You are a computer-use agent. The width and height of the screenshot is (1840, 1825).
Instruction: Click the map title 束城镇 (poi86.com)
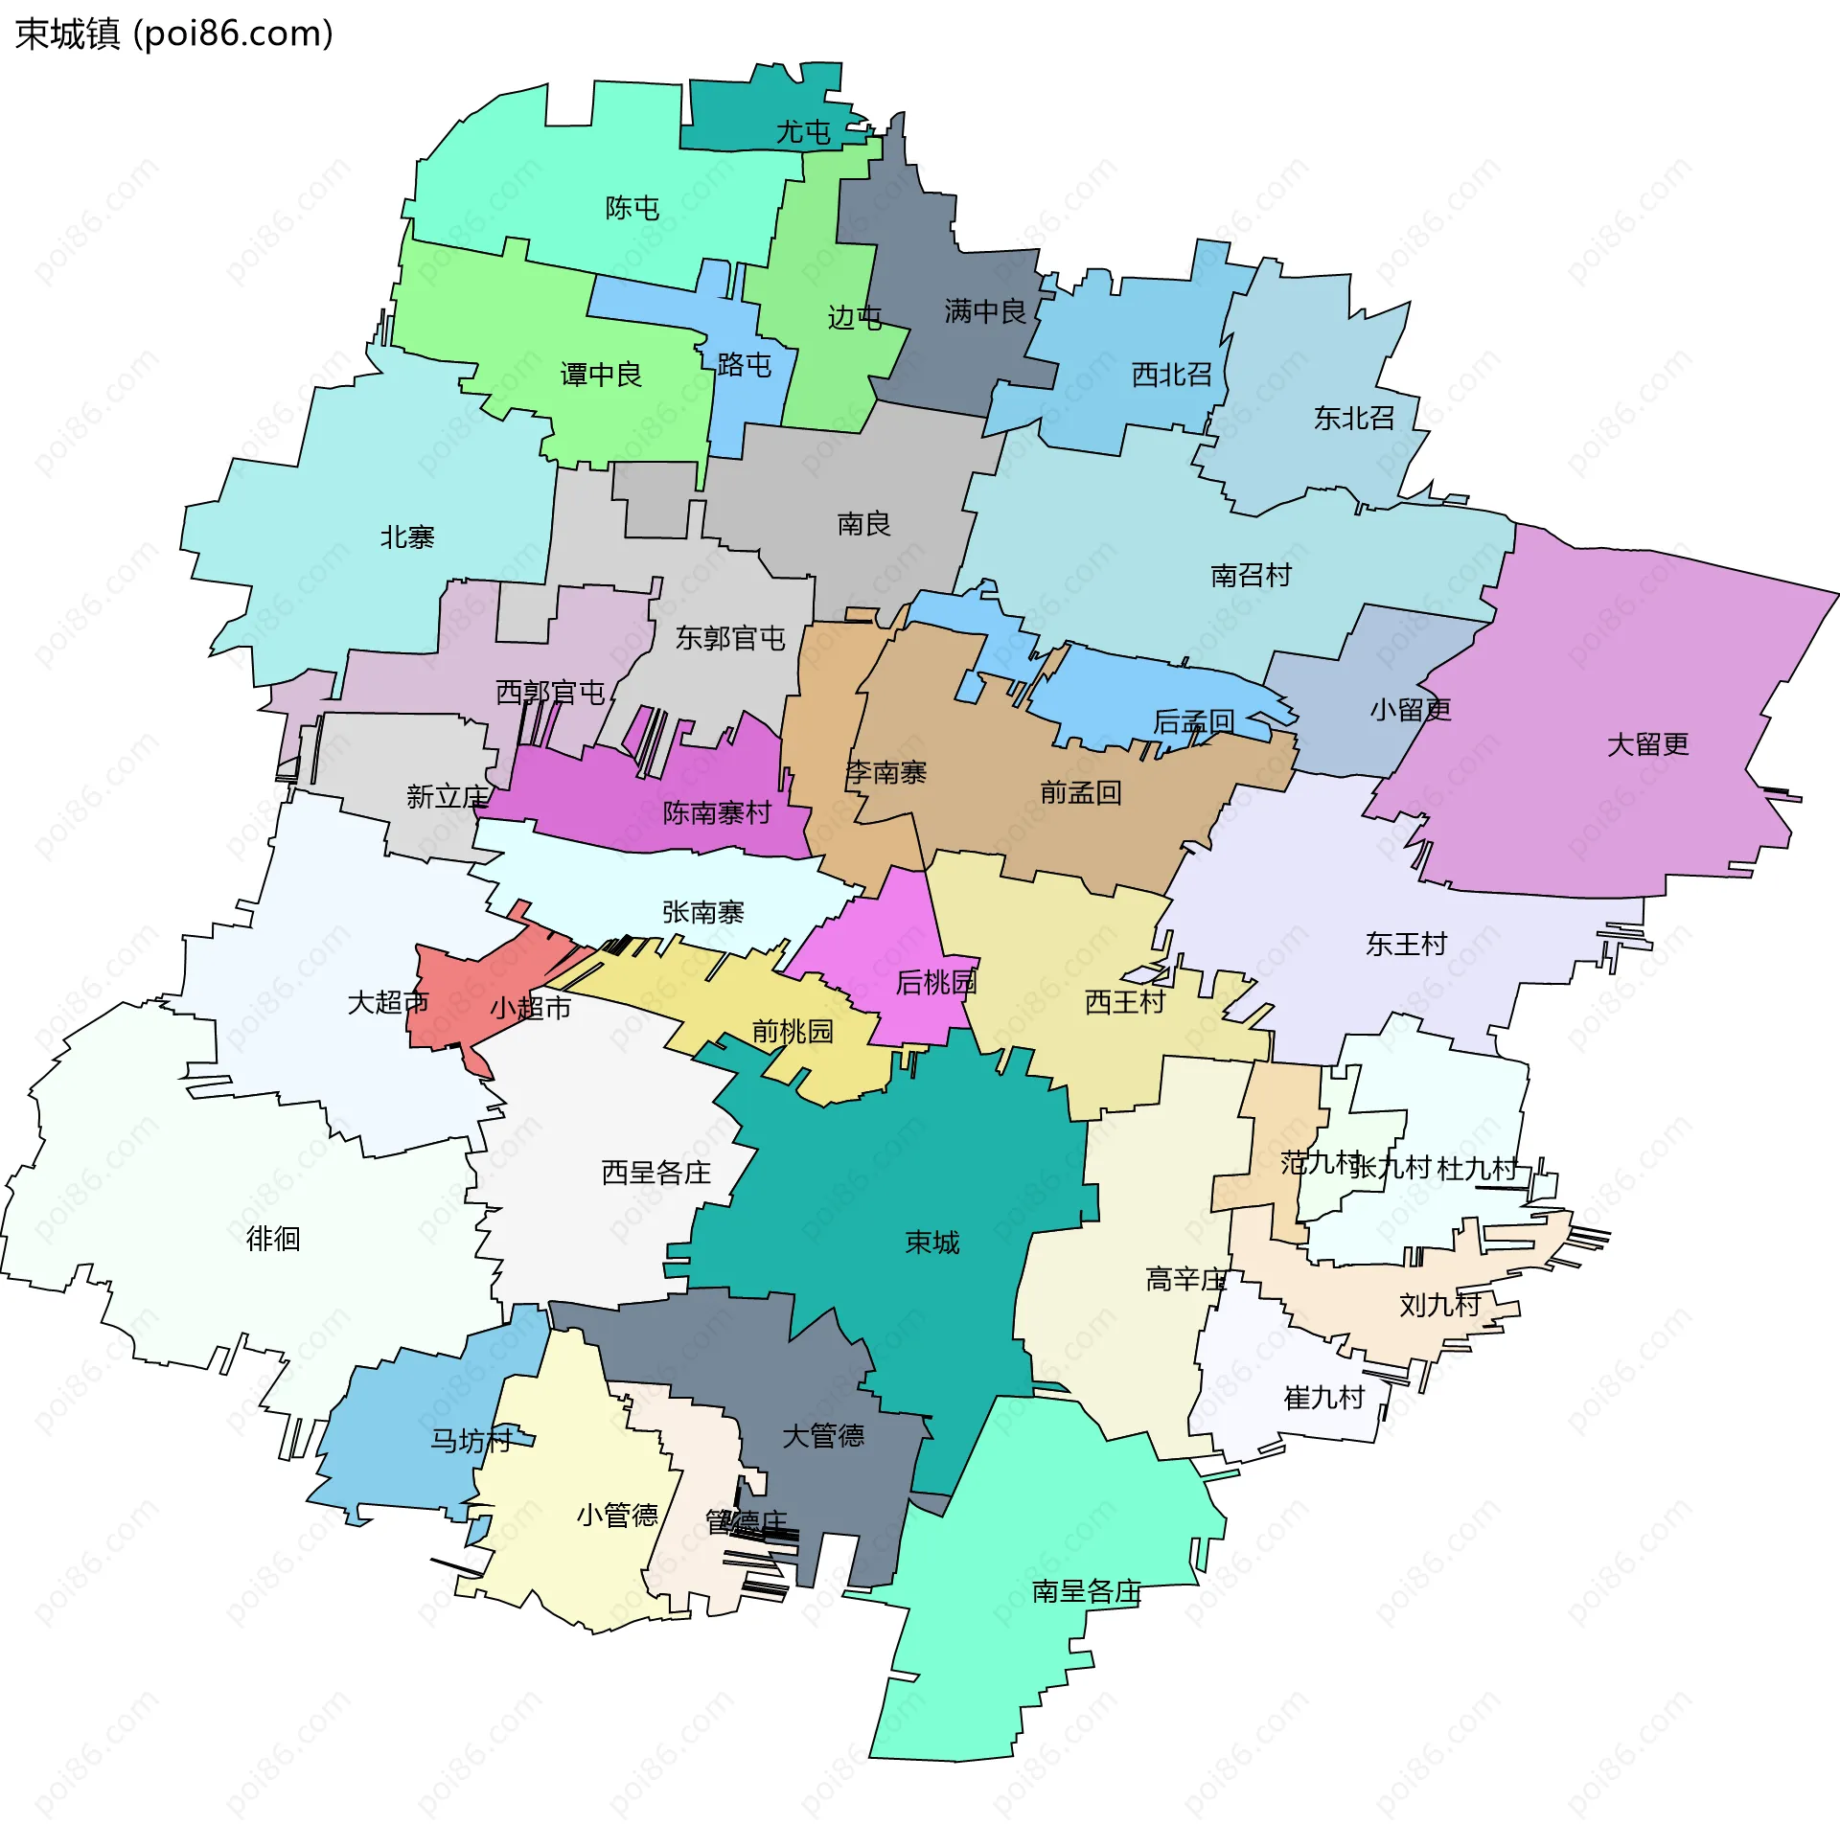pos(174,34)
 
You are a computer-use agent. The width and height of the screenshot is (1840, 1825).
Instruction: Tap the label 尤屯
pos(802,132)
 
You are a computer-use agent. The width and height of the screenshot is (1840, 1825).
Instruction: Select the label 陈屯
pos(632,208)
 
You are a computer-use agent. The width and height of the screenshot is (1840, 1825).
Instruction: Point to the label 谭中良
pos(601,375)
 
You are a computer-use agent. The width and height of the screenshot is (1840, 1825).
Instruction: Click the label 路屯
pos(745,365)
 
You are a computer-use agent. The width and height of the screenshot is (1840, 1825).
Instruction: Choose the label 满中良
pos(984,311)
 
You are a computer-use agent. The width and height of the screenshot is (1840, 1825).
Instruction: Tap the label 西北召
pos(1171,375)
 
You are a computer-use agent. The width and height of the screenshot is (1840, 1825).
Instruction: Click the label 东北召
pos(1353,419)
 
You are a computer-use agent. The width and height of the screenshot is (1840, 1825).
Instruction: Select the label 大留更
pos(1647,744)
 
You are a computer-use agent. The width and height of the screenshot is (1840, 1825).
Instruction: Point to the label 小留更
pos(1410,710)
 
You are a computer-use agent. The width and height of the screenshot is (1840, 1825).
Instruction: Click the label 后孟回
pos(1193,721)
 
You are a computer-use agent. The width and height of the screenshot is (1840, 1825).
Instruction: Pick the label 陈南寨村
pos(717,813)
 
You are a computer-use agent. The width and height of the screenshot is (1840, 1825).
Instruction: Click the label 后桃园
pos(935,983)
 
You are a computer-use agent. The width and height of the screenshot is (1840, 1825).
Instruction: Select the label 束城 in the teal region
pos(931,1243)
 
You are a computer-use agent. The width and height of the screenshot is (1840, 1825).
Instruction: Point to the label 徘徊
pos(273,1240)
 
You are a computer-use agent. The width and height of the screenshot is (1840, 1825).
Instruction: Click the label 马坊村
pos(471,1441)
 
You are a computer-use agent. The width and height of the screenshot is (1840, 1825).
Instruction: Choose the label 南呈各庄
pos(1086,1591)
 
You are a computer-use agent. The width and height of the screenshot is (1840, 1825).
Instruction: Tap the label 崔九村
pos(1323,1398)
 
